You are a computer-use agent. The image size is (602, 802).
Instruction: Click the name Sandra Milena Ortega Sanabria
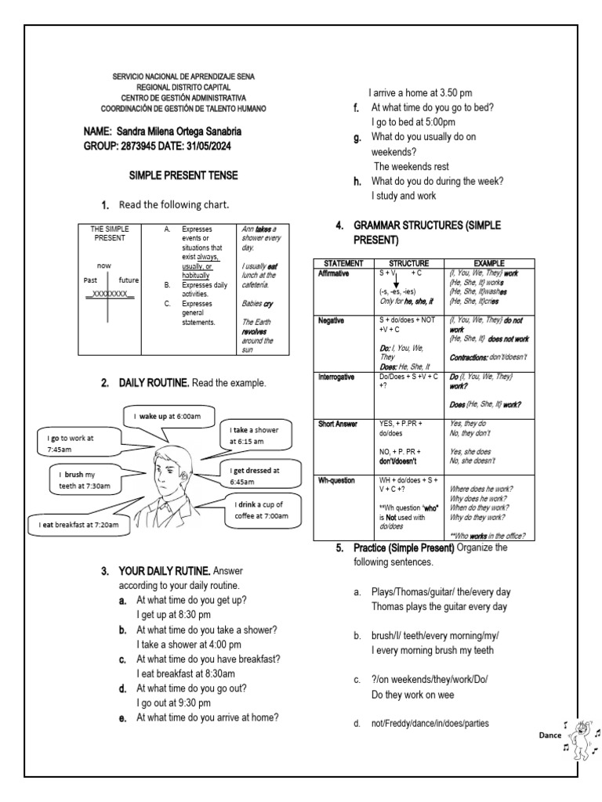coord(179,131)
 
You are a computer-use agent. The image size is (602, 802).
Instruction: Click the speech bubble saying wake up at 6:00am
coord(168,415)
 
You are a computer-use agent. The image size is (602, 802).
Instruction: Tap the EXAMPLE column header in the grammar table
coord(488,263)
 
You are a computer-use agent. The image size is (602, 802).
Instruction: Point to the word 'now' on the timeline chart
coord(104,266)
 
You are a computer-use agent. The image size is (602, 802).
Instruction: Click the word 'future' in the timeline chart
coord(129,280)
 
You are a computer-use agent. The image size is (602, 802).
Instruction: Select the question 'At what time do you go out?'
coord(203,688)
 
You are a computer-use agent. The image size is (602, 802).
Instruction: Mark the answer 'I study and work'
coord(404,195)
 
